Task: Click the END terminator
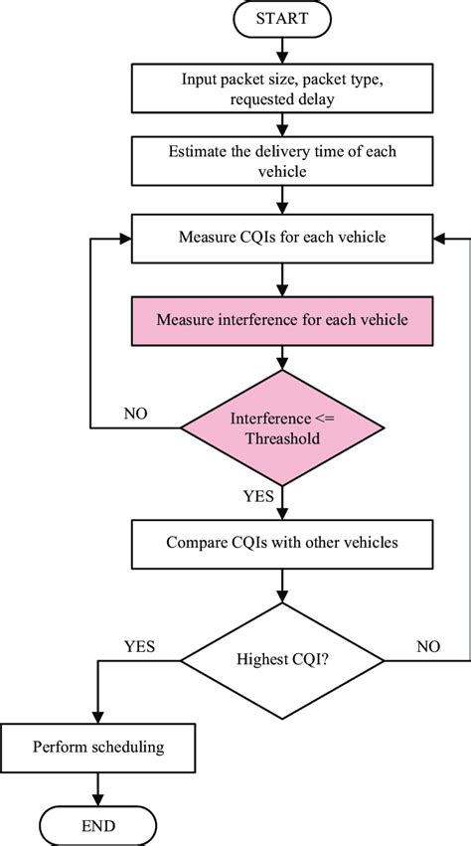click(x=98, y=825)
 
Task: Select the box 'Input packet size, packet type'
click(x=284, y=88)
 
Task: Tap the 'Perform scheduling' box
click(x=97, y=745)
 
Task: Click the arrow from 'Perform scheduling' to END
click(x=98, y=787)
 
